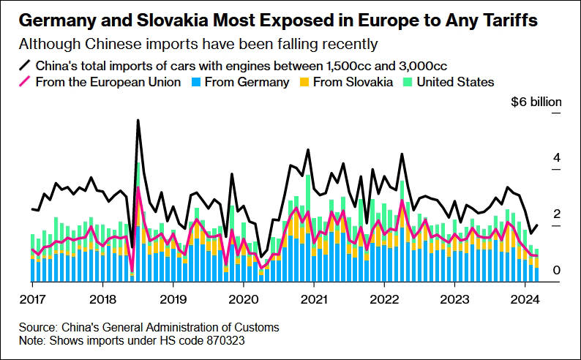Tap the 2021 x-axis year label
312,299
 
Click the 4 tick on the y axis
556,159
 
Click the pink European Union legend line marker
26,82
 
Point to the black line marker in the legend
26,65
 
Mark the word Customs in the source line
257,326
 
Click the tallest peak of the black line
138,120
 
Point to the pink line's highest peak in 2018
138,188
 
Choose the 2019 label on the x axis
172,299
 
